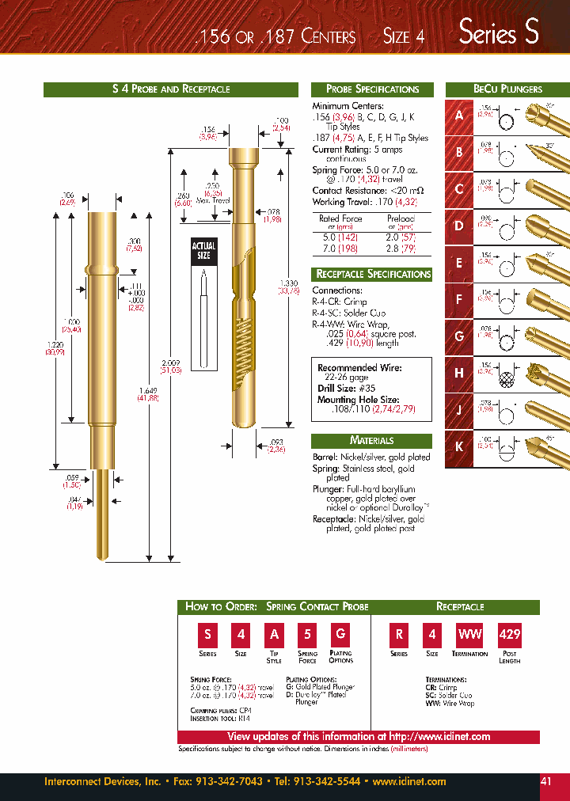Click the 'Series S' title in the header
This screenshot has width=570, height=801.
click(x=499, y=32)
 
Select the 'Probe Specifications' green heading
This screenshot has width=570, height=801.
click(x=365, y=89)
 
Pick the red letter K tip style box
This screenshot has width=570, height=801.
click(x=459, y=446)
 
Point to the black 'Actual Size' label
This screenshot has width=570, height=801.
click(x=203, y=251)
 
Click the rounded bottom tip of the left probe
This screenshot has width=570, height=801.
click(x=100, y=556)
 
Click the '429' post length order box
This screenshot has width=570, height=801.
click(x=509, y=634)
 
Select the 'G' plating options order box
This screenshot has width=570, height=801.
click(x=340, y=634)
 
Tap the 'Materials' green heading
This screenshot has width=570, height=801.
click(x=371, y=441)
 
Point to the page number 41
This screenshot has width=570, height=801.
click(x=546, y=781)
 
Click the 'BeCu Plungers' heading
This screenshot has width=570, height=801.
click(x=507, y=89)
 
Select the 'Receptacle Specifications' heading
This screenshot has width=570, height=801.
click(x=371, y=274)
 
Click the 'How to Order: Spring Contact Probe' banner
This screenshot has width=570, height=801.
click(x=276, y=607)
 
